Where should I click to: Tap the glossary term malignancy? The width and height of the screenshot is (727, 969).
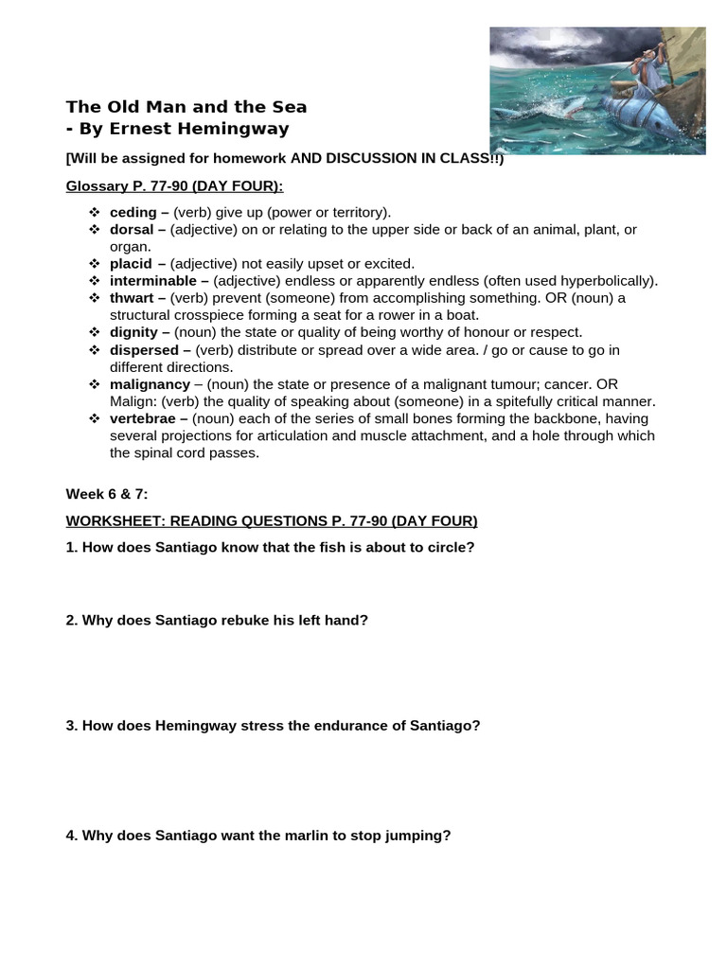tap(150, 384)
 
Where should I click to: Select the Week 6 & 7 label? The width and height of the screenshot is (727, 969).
tap(107, 494)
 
